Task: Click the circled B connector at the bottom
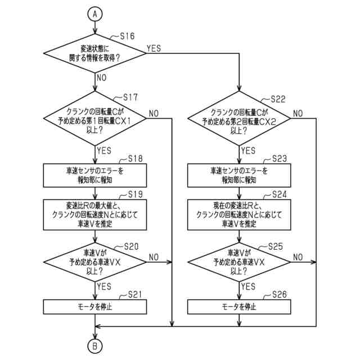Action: click(95, 345)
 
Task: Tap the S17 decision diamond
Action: click(96, 118)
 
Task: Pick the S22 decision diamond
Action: click(240, 118)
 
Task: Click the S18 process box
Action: click(96, 175)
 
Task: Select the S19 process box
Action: click(96, 214)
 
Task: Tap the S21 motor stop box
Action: click(96, 307)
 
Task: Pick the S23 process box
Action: click(240, 175)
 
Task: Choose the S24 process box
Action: click(240, 214)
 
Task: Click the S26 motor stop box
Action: click(240, 307)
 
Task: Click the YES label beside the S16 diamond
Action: click(154, 48)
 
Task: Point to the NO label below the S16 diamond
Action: click(102, 77)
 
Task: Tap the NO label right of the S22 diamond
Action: click(298, 114)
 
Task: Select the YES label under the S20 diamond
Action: click(104, 286)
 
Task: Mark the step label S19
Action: click(135, 194)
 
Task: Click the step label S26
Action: click(279, 295)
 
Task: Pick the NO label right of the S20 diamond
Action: click(154, 256)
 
